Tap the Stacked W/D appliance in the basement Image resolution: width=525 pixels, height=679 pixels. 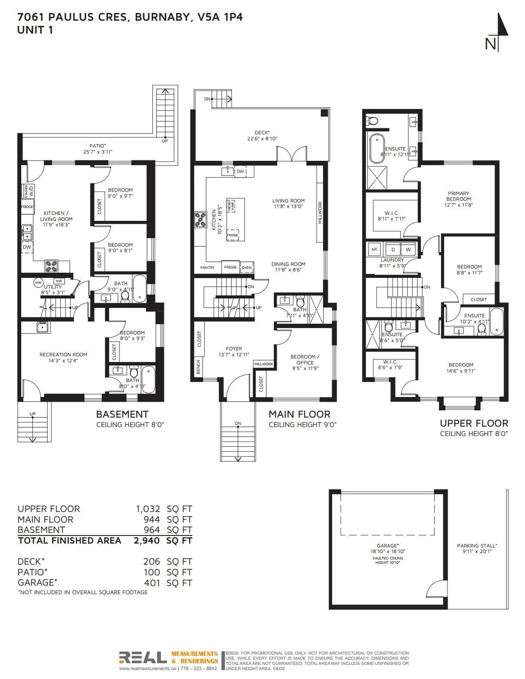coord(28,191)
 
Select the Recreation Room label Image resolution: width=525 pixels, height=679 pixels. coord(63,357)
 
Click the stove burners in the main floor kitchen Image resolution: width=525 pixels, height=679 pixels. coord(200,219)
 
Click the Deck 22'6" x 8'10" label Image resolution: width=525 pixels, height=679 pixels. coord(262,136)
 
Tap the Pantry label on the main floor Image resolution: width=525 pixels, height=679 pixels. coord(207,268)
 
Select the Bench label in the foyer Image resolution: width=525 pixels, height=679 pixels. coord(198,367)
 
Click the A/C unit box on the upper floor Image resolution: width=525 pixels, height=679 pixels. coord(374,249)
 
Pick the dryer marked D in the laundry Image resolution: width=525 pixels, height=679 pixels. coord(393,249)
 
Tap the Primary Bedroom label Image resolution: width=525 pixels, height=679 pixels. coord(458,199)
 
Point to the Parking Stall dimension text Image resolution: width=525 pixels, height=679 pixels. coord(477,551)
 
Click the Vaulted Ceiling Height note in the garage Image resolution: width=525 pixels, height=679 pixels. coord(387,560)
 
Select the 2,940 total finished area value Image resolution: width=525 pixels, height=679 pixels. coord(147,541)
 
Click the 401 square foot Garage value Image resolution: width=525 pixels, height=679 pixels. coord(152,583)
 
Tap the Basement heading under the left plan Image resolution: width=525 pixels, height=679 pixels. coord(122,414)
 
